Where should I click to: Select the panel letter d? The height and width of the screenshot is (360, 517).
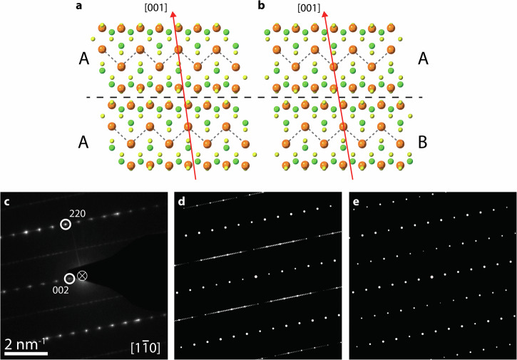[181, 200]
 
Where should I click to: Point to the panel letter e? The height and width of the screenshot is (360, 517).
[356, 200]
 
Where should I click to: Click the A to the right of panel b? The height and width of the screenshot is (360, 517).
[424, 61]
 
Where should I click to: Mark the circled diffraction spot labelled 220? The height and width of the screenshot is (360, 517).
[66, 225]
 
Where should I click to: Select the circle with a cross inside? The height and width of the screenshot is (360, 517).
[83, 275]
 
